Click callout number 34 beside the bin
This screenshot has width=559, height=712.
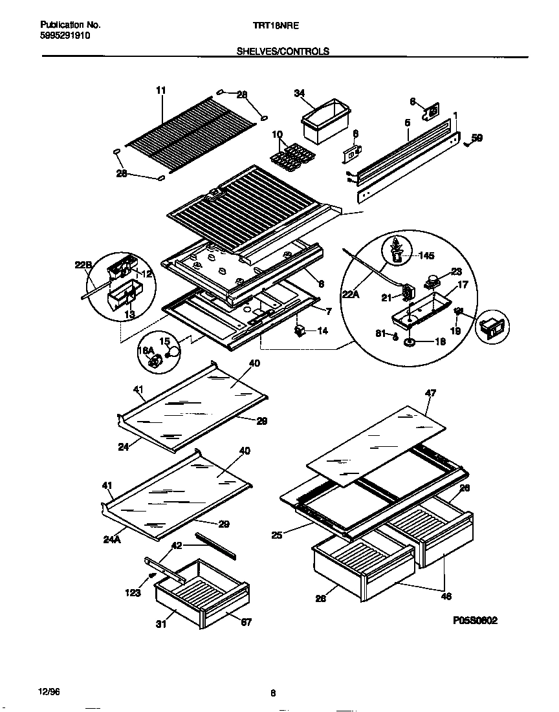pos(299,94)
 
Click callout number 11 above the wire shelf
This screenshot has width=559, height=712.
pos(161,91)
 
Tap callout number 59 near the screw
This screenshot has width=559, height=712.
pos(477,138)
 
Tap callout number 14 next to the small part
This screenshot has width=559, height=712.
pos(322,330)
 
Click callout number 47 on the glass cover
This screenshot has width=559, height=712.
pos(430,392)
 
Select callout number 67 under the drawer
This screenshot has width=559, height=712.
pos(246,622)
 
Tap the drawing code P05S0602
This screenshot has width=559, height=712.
pos(476,620)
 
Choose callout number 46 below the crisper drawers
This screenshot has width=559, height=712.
pos(446,596)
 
